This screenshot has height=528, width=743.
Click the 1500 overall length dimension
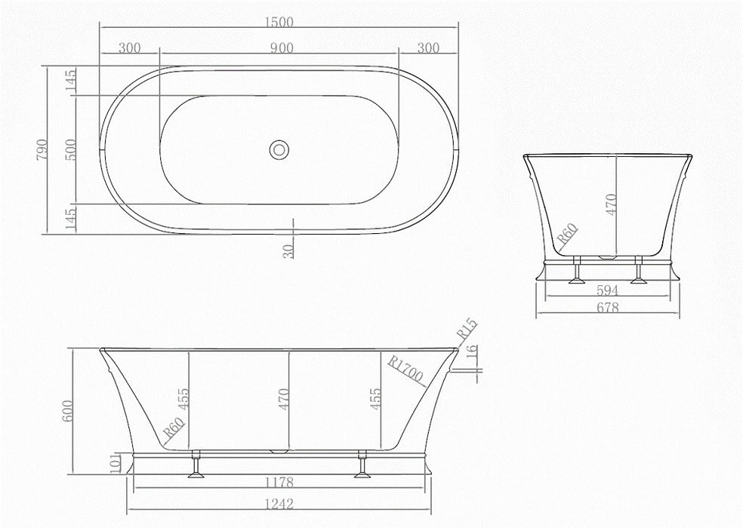279,22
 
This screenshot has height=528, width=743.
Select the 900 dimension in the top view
282,48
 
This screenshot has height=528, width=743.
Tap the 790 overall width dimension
42,149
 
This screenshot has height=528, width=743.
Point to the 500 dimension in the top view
70,149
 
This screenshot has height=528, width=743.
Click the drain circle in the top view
279,149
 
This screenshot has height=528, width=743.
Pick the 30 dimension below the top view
288,249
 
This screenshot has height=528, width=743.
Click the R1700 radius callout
405,368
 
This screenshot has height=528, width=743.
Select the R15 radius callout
467,329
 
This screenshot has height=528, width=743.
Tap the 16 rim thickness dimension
471,352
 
